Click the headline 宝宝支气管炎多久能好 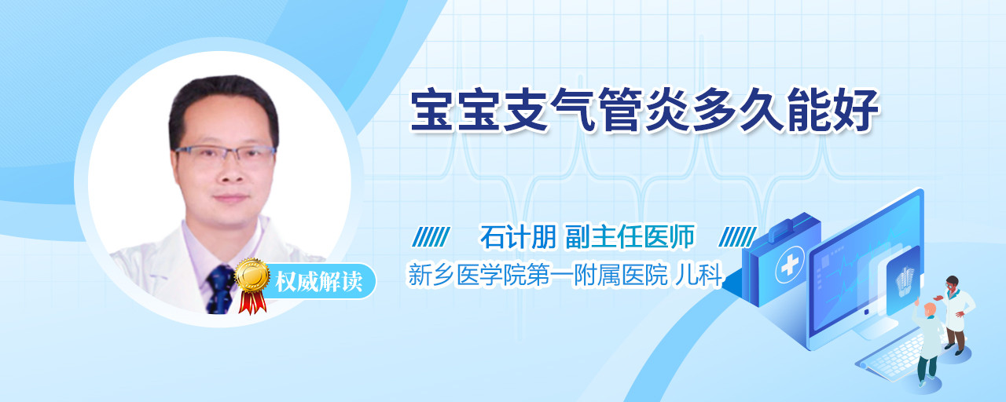[x=645, y=111]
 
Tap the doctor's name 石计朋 [x=518, y=236]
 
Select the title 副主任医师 [x=630, y=236]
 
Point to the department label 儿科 [x=699, y=275]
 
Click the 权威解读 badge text [x=319, y=282]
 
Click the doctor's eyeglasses [x=225, y=155]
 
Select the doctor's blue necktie [x=221, y=290]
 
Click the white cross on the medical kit [x=790, y=266]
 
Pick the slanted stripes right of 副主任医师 [x=737, y=237]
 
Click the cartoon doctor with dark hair [x=956, y=314]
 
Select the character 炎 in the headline [x=668, y=111]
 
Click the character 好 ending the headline [x=857, y=111]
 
